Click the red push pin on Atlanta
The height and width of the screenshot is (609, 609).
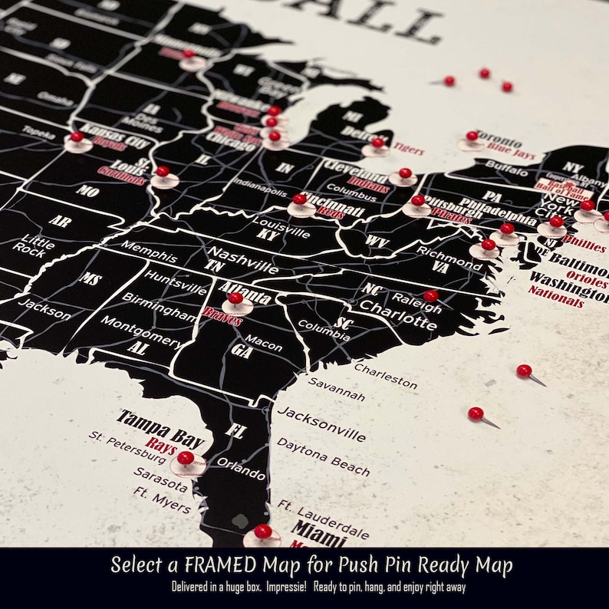[235, 298]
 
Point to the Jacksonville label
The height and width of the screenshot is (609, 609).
[321, 423]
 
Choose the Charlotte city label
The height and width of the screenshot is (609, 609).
[399, 314]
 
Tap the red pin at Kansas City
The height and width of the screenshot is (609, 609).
[77, 137]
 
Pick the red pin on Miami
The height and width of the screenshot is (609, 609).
[263, 531]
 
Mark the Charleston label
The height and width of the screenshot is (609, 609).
[385, 375]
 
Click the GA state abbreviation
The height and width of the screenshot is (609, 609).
[242, 351]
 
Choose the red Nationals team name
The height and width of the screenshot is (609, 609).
[556, 296]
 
